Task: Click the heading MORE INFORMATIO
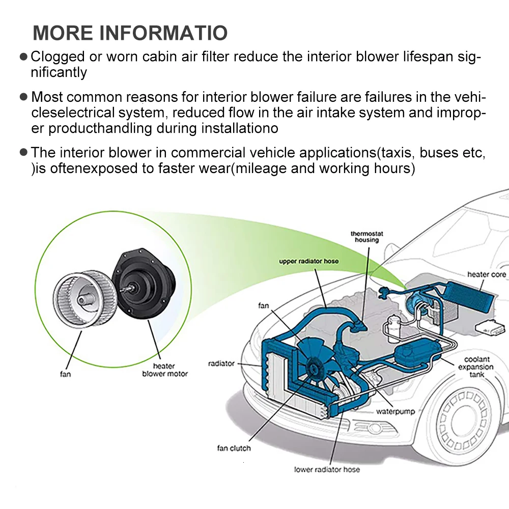(x=130, y=32)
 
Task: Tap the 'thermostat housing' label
(x=366, y=237)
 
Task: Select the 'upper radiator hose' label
(x=309, y=261)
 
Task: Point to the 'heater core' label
(x=487, y=274)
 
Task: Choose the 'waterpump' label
(x=395, y=411)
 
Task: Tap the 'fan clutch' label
(x=234, y=448)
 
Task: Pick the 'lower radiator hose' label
(x=327, y=469)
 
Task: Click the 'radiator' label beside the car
(x=221, y=363)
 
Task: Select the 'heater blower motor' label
(x=164, y=370)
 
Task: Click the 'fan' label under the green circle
(x=65, y=374)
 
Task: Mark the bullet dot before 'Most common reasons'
(x=23, y=96)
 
